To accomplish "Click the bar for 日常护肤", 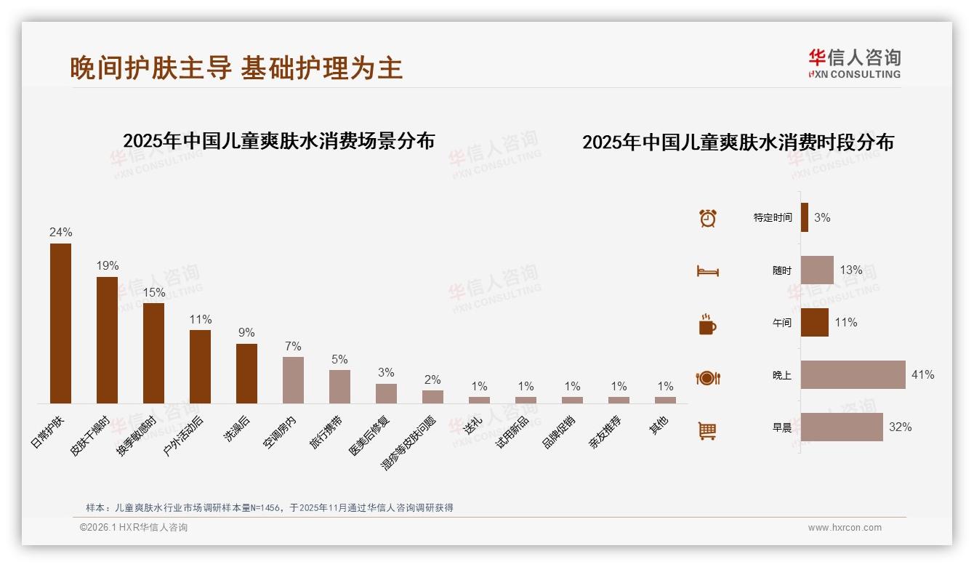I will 60,323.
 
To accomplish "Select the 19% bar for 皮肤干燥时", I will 107,340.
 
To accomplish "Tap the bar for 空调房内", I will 293,380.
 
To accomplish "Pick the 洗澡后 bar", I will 246,374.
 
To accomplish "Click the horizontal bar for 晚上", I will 853,375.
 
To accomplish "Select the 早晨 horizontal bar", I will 842,427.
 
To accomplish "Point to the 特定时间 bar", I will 805,217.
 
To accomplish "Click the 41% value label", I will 922,375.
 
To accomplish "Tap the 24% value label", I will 61,233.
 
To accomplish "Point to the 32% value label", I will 900,427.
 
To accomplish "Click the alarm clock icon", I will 707,218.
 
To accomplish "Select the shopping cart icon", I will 707,431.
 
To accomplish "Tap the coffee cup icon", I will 707,324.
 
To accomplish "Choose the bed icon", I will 707,271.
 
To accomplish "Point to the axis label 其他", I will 659,425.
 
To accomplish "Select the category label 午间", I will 782,323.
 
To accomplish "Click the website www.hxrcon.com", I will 845,528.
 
